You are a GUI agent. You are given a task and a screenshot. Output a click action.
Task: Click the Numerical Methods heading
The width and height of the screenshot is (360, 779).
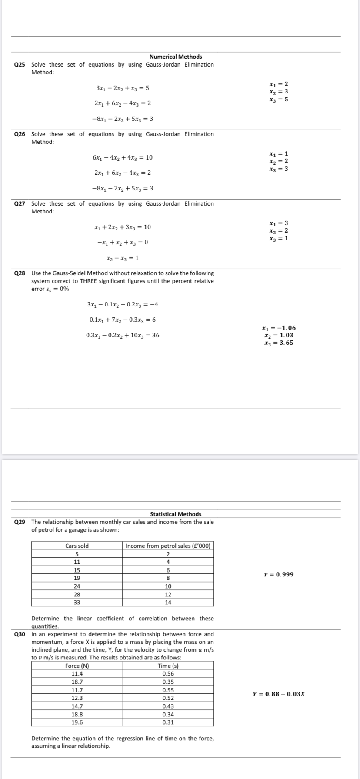pos(176,57)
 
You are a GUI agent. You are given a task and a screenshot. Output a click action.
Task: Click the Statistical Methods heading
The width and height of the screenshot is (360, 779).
pos(176,514)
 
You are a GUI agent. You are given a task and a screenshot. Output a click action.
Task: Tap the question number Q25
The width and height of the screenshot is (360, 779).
pos(20,64)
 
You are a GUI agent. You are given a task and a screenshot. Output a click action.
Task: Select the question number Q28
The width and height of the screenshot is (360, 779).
pos(20,273)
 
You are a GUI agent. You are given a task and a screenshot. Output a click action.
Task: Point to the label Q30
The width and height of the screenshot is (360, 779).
pos(20,634)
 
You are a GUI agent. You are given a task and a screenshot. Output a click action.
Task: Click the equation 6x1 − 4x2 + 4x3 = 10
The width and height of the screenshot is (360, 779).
pos(123,157)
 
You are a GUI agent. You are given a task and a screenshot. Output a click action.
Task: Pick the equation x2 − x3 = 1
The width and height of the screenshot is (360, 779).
pos(123,258)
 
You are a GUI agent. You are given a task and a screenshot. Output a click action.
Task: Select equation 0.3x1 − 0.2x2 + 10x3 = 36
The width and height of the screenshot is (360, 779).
pos(123,335)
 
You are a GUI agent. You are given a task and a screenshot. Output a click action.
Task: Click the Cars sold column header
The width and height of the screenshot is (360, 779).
pos(77,546)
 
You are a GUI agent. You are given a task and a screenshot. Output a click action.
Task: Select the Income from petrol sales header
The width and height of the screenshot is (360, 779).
pos(168,546)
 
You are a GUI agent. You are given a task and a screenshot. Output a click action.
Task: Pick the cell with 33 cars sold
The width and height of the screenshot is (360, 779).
pos(77,602)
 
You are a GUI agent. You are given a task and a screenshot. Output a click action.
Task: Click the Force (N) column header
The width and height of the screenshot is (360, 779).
pos(77,666)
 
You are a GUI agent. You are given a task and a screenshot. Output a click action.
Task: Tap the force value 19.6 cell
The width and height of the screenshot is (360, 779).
pos(77,722)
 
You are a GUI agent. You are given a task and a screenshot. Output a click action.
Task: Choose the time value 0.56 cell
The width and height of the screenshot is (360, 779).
pos(168,674)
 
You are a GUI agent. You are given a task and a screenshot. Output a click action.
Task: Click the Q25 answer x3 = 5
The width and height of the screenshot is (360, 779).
pos(279,99)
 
